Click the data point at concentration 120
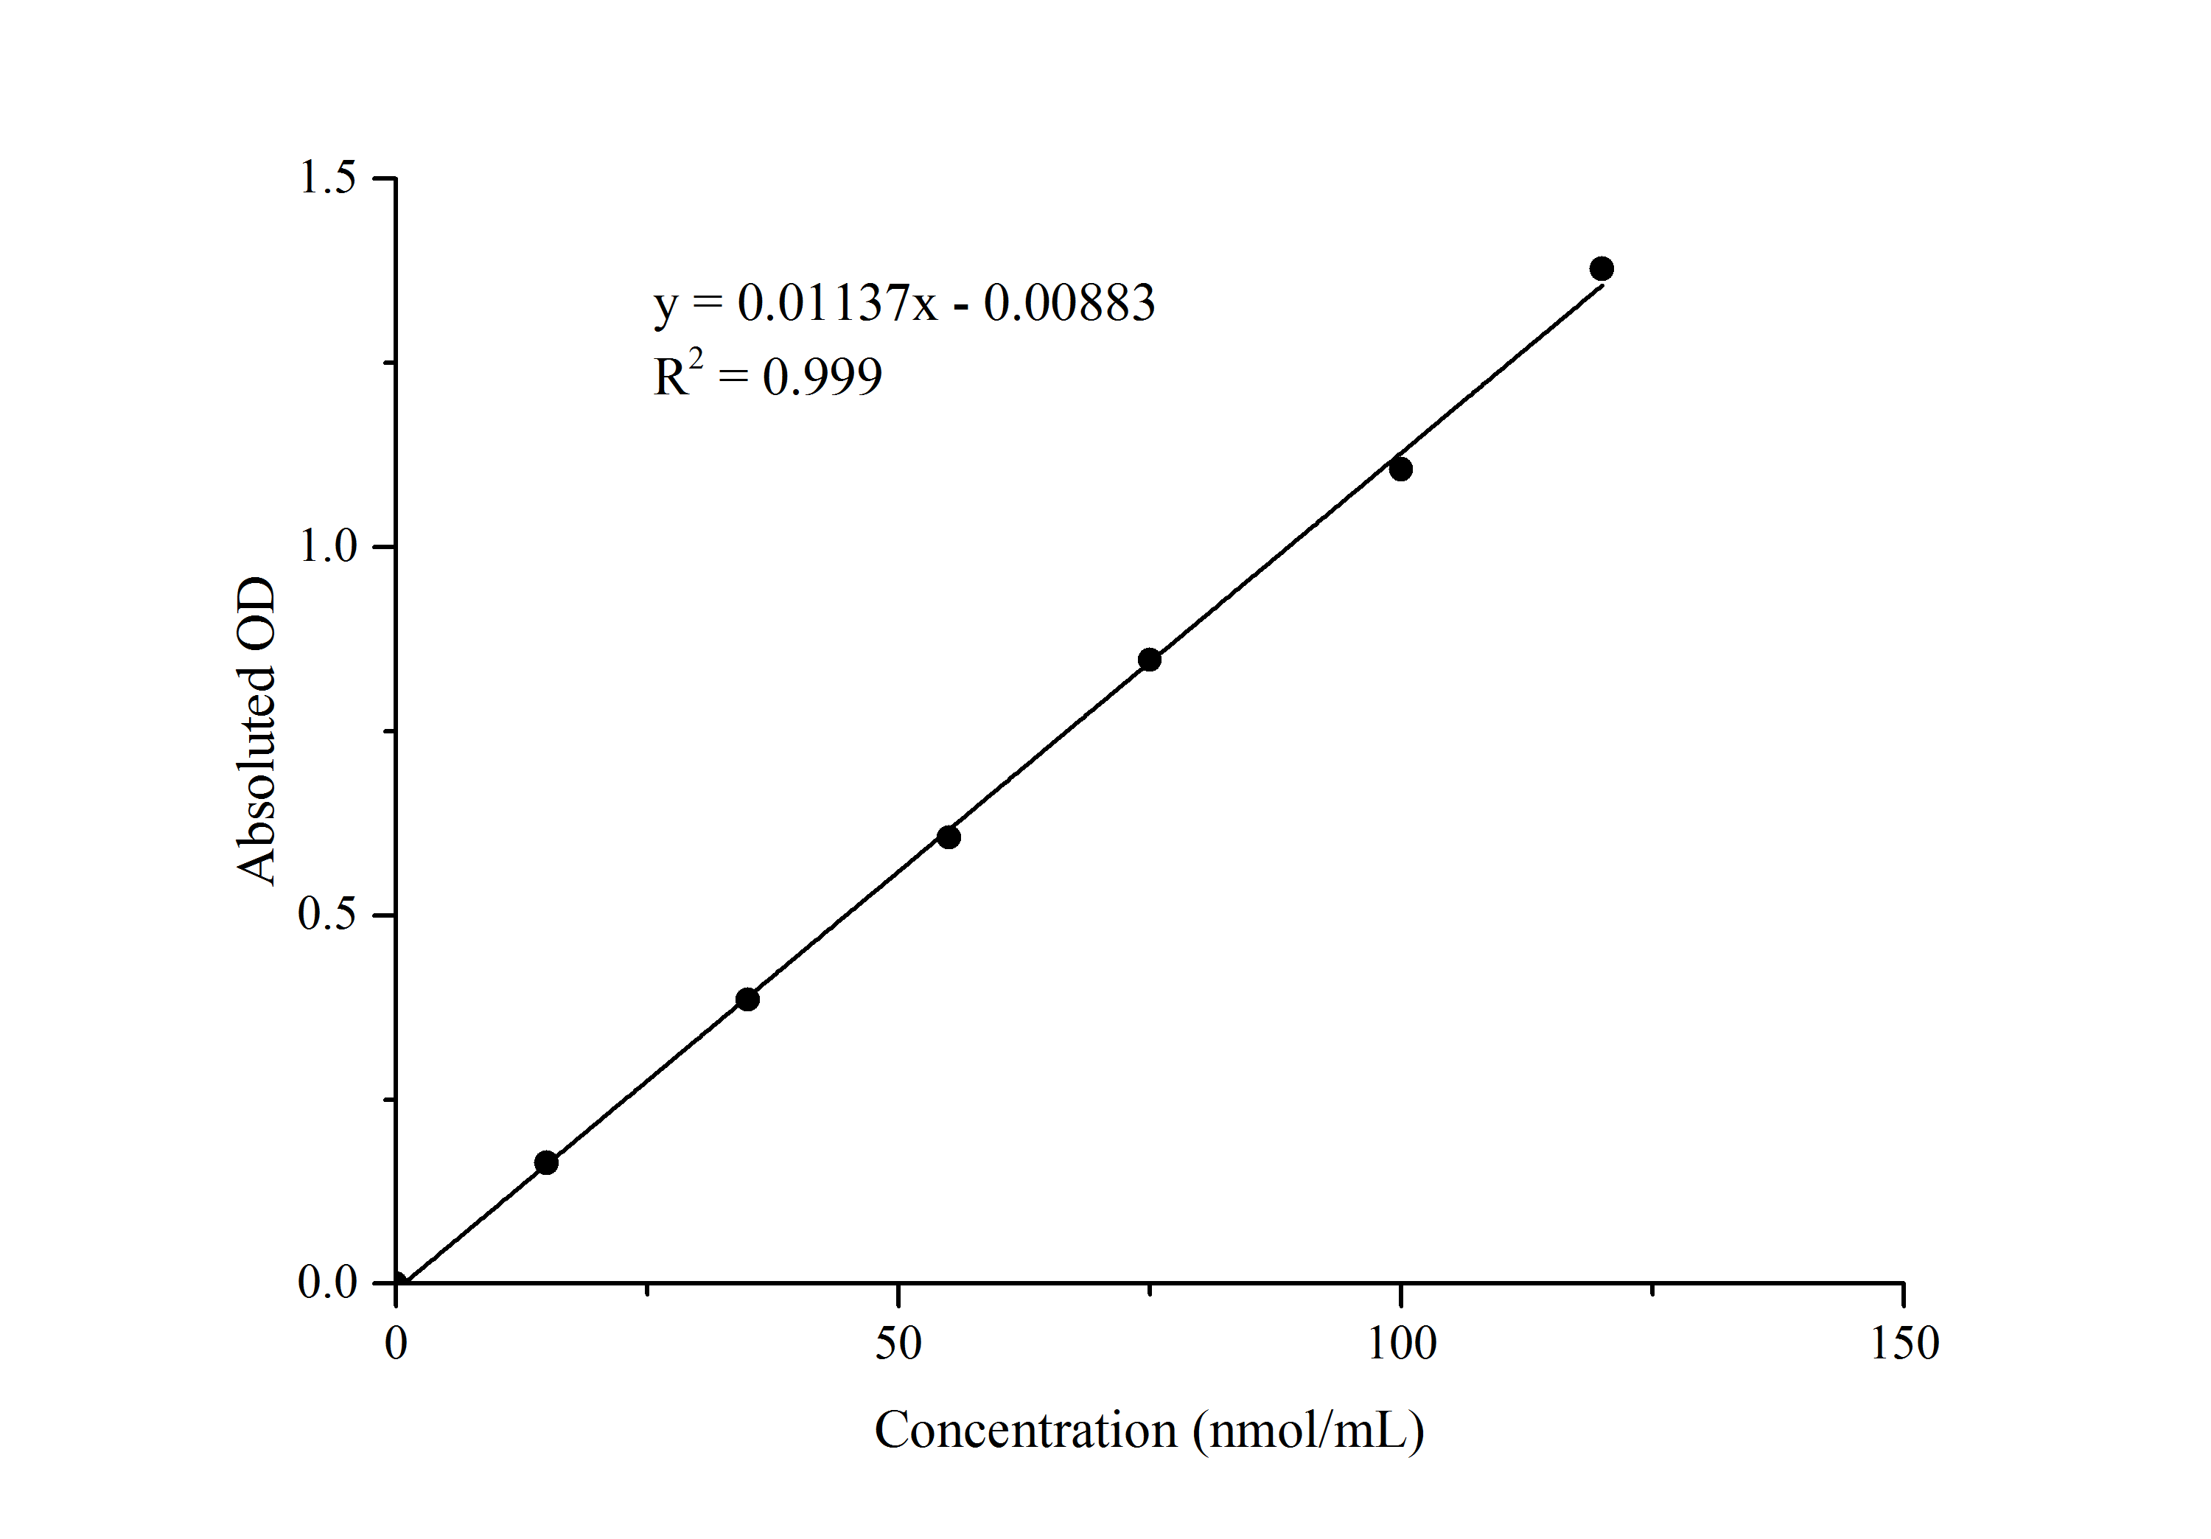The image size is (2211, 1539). (1602, 269)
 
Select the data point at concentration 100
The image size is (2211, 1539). (1401, 469)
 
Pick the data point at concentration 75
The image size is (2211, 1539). (1149, 660)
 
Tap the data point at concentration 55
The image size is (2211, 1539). (949, 837)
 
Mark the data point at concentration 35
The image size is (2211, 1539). (747, 999)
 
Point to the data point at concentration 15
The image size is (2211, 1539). (546, 1162)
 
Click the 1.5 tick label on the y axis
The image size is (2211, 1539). (327, 178)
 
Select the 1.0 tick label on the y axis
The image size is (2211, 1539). (327, 547)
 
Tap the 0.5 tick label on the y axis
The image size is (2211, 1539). (327, 915)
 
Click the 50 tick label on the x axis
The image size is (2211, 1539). (898, 1344)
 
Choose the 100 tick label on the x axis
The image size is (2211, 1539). (1401, 1344)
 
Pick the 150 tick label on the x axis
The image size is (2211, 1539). (1904, 1344)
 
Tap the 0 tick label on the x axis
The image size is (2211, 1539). (396, 1344)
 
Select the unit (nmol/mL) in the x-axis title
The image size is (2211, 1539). (1307, 1432)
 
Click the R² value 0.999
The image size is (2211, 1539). (822, 377)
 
